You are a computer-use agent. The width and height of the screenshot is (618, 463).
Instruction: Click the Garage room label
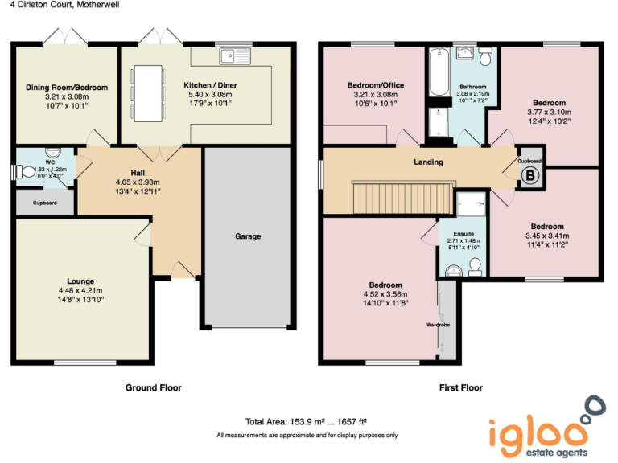pyautogui.click(x=248, y=236)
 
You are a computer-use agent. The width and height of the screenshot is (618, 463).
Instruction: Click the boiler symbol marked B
pyautogui.click(x=529, y=176)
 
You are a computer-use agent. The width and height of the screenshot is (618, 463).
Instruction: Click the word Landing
pyautogui.click(x=428, y=162)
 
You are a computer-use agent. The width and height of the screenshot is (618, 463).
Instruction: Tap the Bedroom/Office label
pyautogui.click(x=376, y=85)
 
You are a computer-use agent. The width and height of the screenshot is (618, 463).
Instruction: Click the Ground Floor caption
pyautogui.click(x=153, y=387)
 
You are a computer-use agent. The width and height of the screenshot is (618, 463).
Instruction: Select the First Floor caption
pyautogui.click(x=460, y=387)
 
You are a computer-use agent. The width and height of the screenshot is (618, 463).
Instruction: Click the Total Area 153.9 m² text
pyautogui.click(x=307, y=421)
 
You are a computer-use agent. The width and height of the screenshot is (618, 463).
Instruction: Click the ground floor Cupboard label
pyautogui.click(x=45, y=203)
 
